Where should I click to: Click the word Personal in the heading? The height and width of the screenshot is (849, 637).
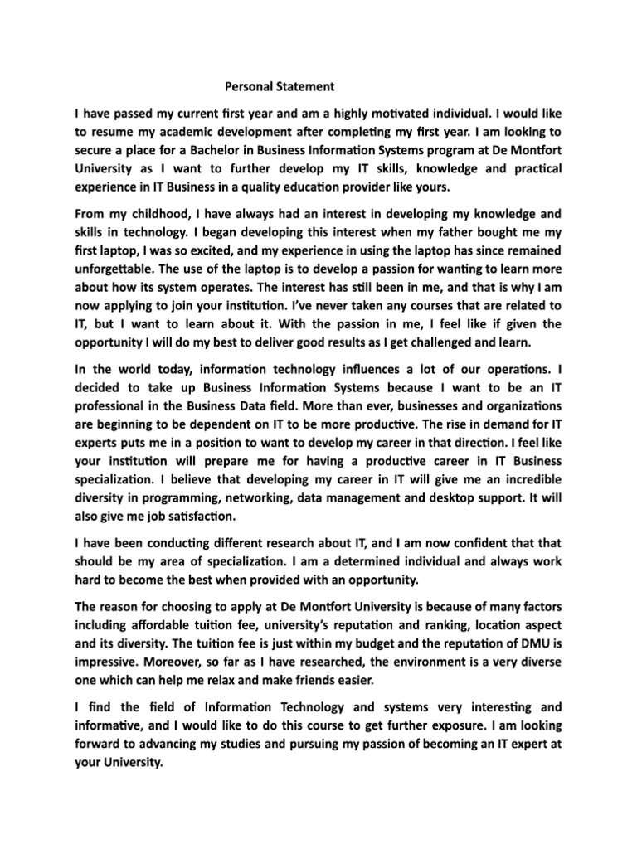click(250, 85)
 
